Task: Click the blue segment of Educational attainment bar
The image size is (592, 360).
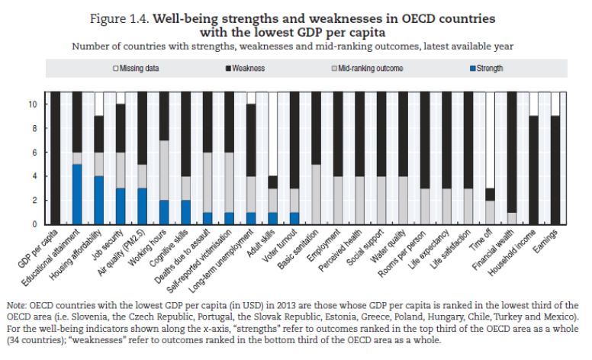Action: [x=76, y=194]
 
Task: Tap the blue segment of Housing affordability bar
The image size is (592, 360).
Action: [x=98, y=200]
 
